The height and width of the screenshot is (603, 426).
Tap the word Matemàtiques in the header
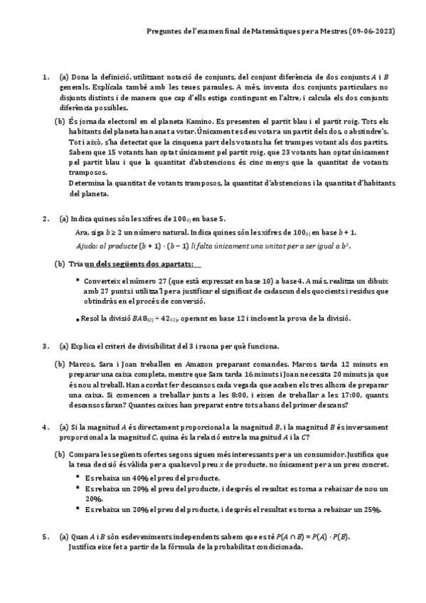[x=284, y=32]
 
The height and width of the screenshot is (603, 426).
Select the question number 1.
[x=46, y=77]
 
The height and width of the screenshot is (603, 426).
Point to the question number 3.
[x=46, y=346]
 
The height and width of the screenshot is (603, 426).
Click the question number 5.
[x=46, y=537]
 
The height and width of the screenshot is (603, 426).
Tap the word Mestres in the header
[x=334, y=32]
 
